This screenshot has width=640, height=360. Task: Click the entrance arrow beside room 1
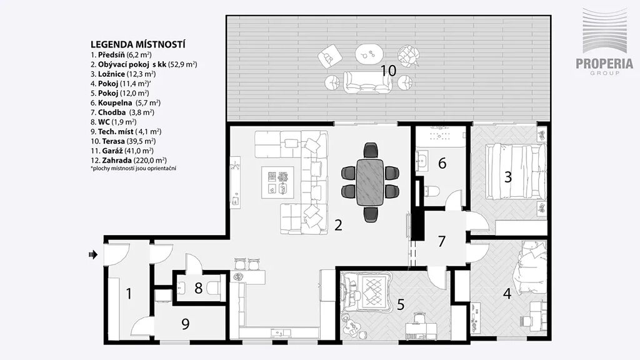point(93,255)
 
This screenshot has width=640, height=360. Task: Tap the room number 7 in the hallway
point(441,241)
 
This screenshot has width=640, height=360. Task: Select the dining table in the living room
point(370,182)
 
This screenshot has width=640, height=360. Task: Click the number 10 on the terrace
point(389,70)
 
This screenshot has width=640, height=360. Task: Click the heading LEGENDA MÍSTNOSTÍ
point(138,44)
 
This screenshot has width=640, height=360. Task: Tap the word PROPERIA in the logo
point(604,64)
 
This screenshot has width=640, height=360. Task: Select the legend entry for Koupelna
point(125,103)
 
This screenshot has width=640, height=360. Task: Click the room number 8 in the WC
point(198,287)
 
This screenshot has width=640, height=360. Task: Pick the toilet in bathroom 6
point(432,191)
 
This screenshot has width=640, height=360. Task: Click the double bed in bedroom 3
point(515,172)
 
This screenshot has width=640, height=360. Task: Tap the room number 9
point(185,324)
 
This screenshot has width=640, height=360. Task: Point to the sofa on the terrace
point(367,82)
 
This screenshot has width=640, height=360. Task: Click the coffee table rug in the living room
point(278,182)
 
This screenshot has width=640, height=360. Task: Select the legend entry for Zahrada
point(129,161)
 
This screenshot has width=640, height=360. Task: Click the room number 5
point(401,304)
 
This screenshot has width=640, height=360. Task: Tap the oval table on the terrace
point(369,53)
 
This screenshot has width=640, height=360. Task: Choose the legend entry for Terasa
point(123,141)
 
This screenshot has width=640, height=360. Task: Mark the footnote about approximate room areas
point(134,168)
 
